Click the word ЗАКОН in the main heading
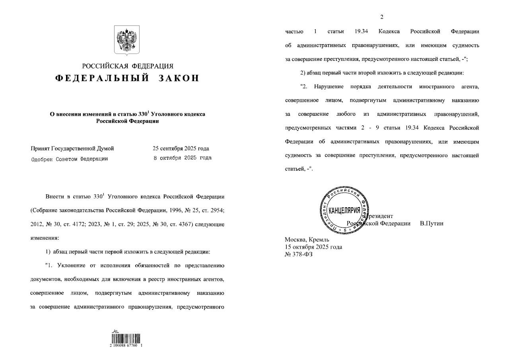179,78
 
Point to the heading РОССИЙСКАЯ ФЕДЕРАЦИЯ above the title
128,66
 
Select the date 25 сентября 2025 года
181,148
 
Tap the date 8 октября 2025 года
183,158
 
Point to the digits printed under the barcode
126,346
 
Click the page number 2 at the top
382,17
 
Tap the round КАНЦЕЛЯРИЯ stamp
342,210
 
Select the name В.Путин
431,224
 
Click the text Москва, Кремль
307,239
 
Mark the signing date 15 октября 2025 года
313,247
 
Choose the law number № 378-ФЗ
299,254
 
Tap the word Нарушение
328,86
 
